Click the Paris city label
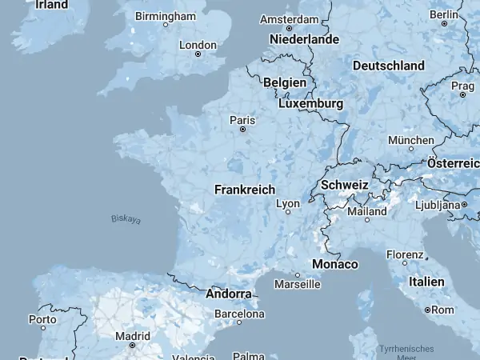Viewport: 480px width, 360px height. (242, 120)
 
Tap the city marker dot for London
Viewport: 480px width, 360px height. (198, 54)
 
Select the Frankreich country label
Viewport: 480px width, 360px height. (244, 190)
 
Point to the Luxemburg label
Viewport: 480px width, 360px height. (310, 104)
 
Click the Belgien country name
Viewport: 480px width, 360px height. (285, 82)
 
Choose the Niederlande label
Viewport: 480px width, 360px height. (304, 39)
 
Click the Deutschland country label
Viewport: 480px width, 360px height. (388, 65)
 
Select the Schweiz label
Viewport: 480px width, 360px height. (344, 185)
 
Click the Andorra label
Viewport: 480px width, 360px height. (229, 294)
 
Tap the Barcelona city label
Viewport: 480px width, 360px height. (239, 314)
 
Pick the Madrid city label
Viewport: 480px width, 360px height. (132, 336)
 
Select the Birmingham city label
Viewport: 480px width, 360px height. (166, 16)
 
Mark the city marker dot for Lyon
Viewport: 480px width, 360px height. (288, 212)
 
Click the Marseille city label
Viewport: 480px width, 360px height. (297, 284)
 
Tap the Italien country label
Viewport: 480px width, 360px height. (426, 282)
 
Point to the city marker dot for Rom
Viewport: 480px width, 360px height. (428, 310)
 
